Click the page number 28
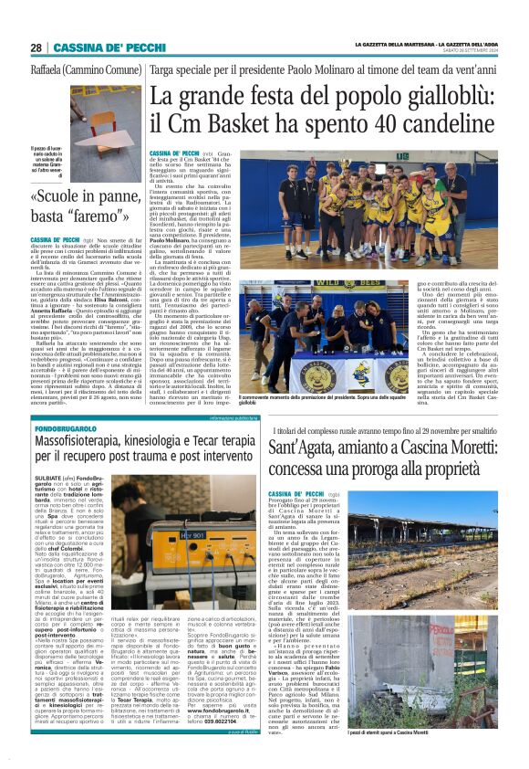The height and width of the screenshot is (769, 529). coord(36,47)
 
